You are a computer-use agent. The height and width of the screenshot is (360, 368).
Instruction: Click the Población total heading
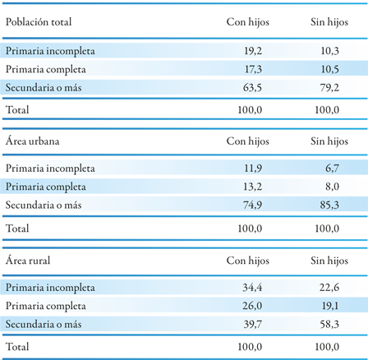39,22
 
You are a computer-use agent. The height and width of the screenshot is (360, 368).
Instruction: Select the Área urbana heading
33,141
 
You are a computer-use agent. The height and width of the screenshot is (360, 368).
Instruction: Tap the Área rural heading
28,260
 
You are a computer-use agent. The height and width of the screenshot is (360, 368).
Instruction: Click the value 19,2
253,51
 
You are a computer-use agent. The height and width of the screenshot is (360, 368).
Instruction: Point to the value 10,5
330,69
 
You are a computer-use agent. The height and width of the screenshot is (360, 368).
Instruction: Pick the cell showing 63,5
252,88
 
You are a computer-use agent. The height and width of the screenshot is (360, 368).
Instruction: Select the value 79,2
329,88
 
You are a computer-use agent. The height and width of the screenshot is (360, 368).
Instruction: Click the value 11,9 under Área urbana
253,168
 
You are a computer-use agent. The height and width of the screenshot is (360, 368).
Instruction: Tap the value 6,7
332,168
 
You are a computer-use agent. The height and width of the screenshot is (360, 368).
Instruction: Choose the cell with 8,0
332,187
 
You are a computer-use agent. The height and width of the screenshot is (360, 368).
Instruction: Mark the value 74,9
252,205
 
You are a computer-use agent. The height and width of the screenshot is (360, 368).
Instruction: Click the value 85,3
329,205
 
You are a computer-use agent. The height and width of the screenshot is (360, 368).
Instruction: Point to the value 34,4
252,288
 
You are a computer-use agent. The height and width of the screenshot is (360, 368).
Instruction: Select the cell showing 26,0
252,306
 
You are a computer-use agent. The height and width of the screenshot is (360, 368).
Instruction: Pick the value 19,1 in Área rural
330,306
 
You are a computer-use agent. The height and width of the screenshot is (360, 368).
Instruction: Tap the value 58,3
329,324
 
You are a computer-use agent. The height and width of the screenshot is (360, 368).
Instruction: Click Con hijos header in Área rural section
248,261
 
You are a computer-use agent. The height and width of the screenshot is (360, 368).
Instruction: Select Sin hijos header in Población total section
329,22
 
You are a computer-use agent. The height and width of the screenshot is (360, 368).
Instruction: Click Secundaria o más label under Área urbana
44,205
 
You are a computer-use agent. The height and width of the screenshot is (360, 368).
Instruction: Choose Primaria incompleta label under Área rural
50,288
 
